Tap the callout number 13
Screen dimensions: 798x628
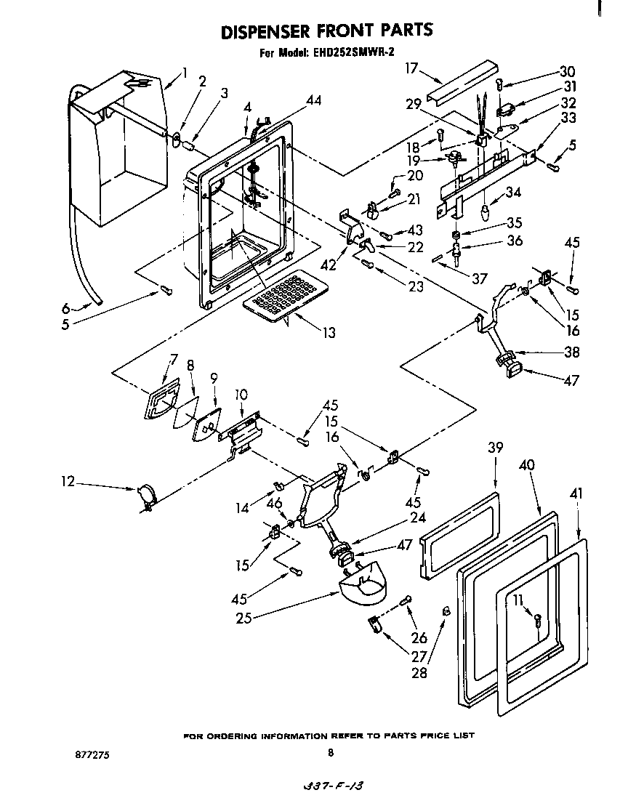tap(329, 333)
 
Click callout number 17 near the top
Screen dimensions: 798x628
tap(411, 68)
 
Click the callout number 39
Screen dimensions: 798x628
tap(495, 448)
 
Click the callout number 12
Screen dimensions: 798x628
tap(67, 481)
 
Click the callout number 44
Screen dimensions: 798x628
tap(313, 100)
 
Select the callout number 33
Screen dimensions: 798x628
tap(568, 117)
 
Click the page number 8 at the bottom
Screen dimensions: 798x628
tap(330, 753)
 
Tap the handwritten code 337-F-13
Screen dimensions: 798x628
tap(330, 787)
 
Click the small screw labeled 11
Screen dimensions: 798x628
tap(538, 620)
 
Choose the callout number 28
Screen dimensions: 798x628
tap(418, 672)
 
